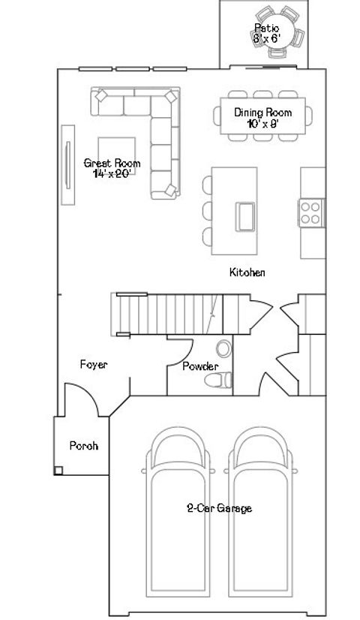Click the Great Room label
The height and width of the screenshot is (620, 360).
(112, 167)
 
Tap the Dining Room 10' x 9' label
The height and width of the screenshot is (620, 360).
(262, 118)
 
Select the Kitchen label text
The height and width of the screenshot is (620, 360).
(247, 272)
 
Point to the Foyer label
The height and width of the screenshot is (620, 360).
(94, 365)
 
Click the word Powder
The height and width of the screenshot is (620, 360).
(200, 366)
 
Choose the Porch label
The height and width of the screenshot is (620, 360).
(84, 445)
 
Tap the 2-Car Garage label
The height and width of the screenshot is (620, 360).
(219, 508)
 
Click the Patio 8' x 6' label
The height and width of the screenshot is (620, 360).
(266, 32)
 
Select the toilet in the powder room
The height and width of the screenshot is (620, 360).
(216, 381)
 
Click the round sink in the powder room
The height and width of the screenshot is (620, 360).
(223, 349)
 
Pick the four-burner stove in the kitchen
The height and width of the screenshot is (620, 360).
(311, 212)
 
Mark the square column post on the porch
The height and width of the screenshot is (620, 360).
(58, 470)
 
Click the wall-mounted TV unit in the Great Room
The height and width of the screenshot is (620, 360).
(67, 163)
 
